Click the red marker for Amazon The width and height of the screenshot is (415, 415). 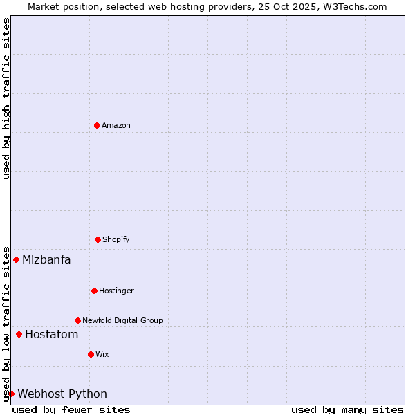point(97,125)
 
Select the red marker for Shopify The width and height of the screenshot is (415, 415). point(98,239)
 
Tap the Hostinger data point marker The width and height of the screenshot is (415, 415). point(94,290)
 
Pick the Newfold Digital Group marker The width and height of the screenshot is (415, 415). point(77,320)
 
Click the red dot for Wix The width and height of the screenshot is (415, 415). point(91,354)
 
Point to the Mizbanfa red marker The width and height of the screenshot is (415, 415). point(16,259)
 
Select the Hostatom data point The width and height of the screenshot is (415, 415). point(19,334)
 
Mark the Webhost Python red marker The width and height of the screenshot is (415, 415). point(11,394)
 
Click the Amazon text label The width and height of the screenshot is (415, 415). point(116,125)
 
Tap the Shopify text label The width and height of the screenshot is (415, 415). point(116,239)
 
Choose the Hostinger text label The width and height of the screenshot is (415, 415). point(116,290)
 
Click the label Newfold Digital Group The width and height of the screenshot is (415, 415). point(122,320)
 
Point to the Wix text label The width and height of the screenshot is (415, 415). point(102,354)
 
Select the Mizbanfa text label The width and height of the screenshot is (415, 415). point(46,260)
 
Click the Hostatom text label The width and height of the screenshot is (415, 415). point(51,335)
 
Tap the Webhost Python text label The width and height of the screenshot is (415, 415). point(62,394)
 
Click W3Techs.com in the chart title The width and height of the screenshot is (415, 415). point(353,6)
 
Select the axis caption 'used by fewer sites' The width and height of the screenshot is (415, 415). point(71,409)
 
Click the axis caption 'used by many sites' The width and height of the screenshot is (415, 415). point(347,409)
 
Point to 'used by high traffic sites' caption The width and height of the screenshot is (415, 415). point(6,98)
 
